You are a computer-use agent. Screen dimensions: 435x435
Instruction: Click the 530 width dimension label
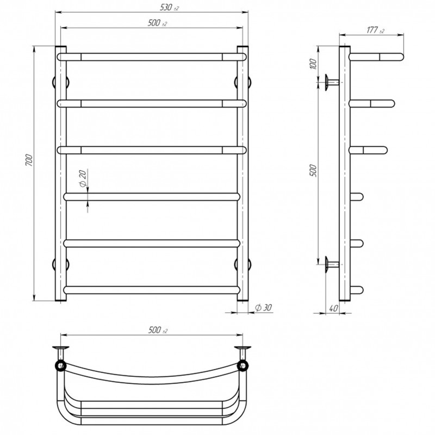click(x=169, y=8)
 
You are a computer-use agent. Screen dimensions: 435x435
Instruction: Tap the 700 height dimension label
click(x=29, y=160)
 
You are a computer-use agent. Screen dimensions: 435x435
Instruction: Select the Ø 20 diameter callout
click(x=83, y=178)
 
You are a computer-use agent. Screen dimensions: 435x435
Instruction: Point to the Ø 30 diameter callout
click(x=263, y=308)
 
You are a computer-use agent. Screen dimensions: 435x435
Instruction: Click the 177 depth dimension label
click(x=376, y=30)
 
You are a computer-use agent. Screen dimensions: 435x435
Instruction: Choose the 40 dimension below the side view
click(x=334, y=308)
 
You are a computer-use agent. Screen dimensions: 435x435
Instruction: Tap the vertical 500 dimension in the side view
click(x=313, y=171)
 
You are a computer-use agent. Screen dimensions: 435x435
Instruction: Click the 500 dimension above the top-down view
click(x=158, y=330)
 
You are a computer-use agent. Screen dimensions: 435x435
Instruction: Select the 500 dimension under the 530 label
click(x=157, y=23)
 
